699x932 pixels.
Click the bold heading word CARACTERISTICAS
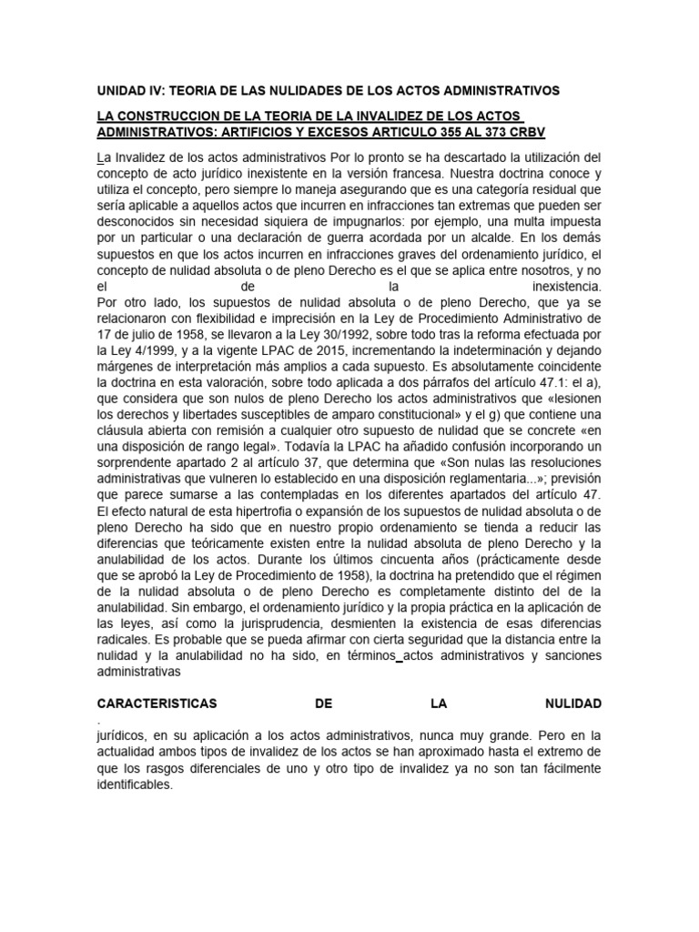(157, 705)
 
